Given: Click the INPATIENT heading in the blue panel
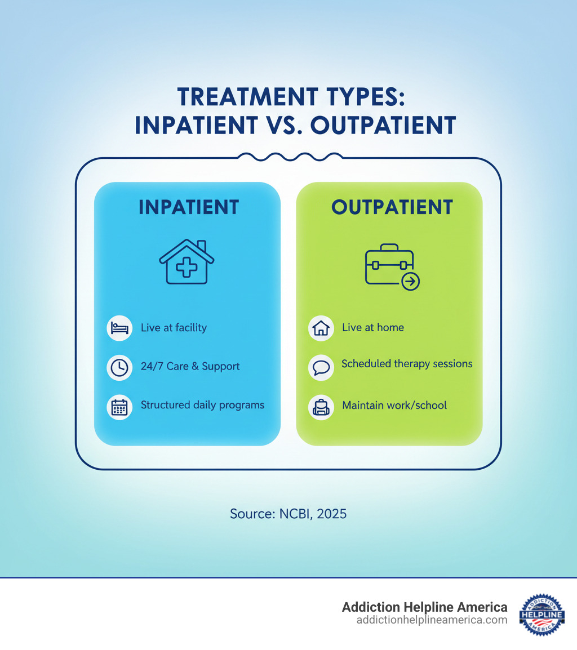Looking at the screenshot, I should coord(188,207).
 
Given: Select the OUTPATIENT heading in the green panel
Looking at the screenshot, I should coord(392,207).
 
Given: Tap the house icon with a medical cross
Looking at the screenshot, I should coord(187,262).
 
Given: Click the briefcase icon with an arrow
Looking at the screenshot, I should coord(392,266).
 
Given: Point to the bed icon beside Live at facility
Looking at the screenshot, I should coord(119,328).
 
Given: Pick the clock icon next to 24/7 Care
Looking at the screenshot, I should coord(119,367).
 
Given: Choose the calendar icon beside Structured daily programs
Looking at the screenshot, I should coord(119,407).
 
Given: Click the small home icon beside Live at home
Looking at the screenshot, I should coord(321,328).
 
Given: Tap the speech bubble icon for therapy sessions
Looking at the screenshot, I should coord(321,367).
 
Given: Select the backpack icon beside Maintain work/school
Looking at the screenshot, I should coord(321,407).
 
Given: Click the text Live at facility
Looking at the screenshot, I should coord(174,328).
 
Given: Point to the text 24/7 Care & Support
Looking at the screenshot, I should coord(190,367).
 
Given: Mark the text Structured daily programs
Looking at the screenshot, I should coord(202,405).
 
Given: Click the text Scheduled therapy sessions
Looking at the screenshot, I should coord(407,364).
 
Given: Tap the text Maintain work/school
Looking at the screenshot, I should coord(394,406).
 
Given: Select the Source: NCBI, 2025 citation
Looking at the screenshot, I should coord(288,514).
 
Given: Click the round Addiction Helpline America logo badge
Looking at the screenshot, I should coord(542,615).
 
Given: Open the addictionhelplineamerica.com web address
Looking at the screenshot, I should coord(432,620).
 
